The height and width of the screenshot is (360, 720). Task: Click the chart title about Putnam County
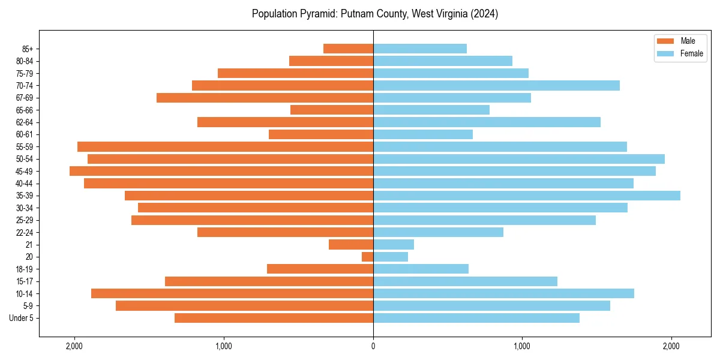(375, 14)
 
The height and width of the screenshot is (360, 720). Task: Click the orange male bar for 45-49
(221, 171)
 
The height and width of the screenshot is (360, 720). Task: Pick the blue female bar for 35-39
(527, 196)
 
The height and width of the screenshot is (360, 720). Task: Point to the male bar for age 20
(367, 257)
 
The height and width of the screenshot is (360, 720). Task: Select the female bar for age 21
(394, 244)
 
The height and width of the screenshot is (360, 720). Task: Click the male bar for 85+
(348, 49)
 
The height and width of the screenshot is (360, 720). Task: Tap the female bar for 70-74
(496, 85)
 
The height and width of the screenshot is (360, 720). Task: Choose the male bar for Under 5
(274, 318)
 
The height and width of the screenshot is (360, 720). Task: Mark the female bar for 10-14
(503, 293)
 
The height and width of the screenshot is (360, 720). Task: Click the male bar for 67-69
(265, 98)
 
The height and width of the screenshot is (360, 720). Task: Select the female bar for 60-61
(423, 134)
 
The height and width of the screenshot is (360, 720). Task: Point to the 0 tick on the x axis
(373, 346)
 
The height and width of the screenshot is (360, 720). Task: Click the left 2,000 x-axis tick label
(74, 346)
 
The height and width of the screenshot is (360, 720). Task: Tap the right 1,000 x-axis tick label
(522, 346)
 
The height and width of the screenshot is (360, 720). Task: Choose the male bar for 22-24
(285, 232)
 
